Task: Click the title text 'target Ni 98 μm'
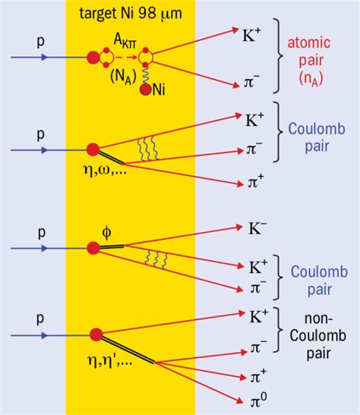tap(131, 14)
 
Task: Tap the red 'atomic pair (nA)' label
tap(309, 61)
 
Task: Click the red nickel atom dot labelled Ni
tap(146, 90)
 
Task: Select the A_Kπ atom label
tap(125, 41)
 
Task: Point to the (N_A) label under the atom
tap(124, 77)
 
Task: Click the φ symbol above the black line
tap(106, 232)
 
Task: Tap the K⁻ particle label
tap(257, 228)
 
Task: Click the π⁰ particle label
tap(258, 401)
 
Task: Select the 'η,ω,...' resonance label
tap(105, 169)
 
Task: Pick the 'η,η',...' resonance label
tap(109, 361)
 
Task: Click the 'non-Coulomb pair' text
tap(318, 335)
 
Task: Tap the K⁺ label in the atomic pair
tap(252, 35)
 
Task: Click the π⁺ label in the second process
tap(256, 182)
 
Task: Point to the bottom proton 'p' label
tap(40, 319)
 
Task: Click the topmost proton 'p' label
tap(40, 42)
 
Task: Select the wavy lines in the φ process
tap(156, 260)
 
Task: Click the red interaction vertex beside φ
tap(93, 248)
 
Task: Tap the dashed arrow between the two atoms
tap(126, 57)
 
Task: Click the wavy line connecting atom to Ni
tap(146, 75)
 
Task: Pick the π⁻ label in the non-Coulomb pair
tap(258, 347)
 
